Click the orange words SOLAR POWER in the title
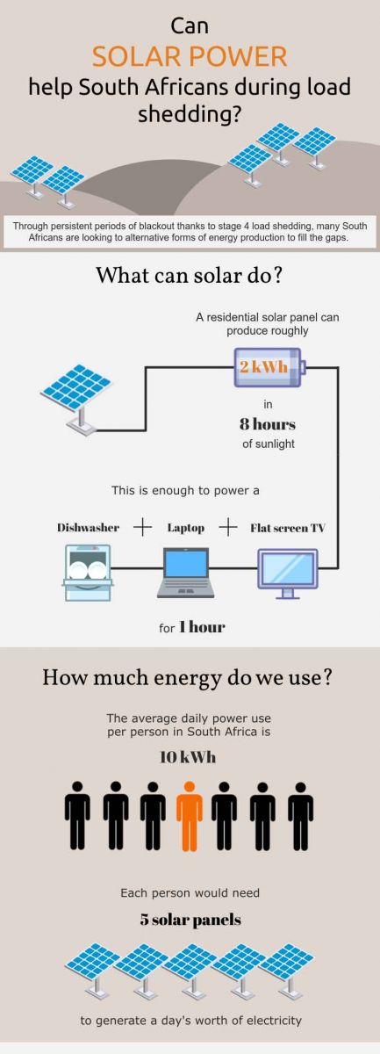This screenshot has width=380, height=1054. click(190, 56)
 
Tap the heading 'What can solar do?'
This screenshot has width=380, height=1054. click(189, 275)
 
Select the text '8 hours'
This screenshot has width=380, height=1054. click(268, 424)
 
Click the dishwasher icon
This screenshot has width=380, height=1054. click(88, 572)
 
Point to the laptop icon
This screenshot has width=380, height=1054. click(186, 573)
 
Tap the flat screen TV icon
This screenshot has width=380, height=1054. click(288, 574)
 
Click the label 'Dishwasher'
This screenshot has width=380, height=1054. click(88, 528)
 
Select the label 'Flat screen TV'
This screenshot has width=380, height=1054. click(287, 528)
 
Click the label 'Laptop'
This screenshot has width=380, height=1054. click(186, 529)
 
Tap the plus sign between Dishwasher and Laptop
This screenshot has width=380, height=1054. click(142, 528)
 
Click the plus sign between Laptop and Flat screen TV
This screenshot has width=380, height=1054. click(227, 528)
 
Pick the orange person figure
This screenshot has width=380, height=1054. click(190, 816)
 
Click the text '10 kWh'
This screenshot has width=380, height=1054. click(188, 757)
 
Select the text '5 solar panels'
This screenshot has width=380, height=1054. click(190, 920)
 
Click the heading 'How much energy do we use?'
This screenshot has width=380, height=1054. click(188, 677)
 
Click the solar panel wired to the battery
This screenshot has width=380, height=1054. click(76, 398)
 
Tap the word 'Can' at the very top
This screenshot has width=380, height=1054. click(190, 25)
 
